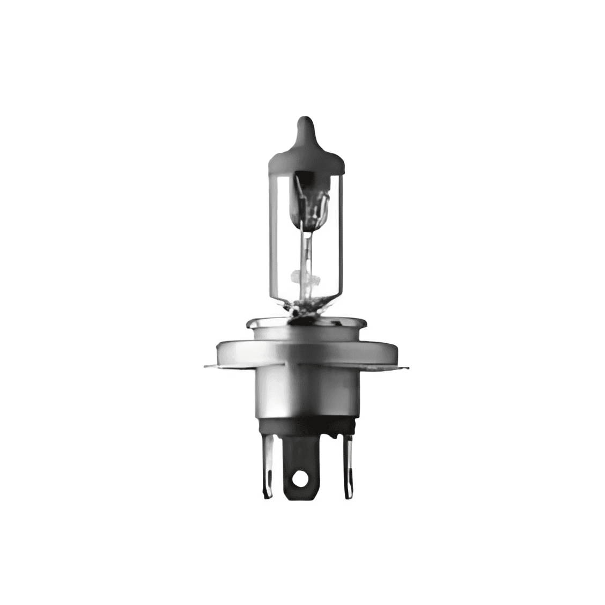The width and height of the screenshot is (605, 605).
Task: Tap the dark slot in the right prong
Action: [349, 472]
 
